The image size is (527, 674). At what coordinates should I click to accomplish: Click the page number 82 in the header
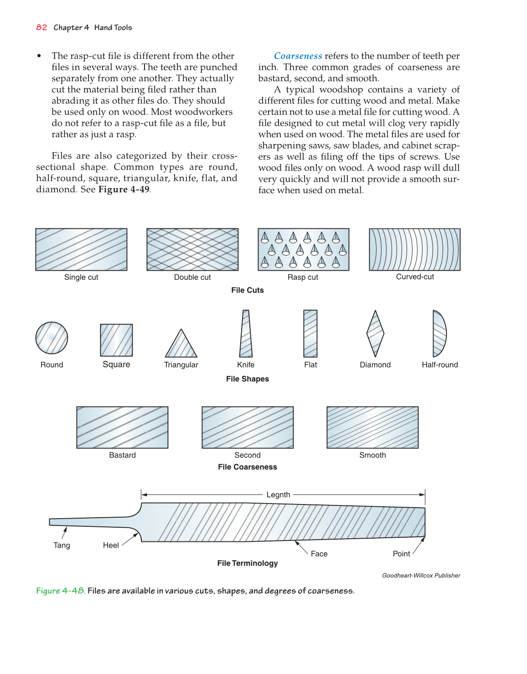41,27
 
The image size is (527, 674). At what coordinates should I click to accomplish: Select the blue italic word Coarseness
298,56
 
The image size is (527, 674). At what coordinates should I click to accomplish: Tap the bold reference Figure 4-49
124,190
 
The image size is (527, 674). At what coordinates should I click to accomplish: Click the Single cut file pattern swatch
81,250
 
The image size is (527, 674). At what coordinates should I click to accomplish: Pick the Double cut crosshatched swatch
192,250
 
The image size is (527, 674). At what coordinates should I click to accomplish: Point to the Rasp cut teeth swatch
303,250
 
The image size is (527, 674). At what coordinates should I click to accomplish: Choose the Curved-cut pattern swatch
414,250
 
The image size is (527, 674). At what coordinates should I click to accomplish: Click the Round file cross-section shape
52,338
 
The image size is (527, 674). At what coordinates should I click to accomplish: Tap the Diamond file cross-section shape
375,334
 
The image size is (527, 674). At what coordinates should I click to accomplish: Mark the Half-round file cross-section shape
439,334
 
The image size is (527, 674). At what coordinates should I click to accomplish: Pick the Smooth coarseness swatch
372,427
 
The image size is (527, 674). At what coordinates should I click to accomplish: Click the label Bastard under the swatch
122,455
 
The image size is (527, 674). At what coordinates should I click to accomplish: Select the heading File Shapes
248,379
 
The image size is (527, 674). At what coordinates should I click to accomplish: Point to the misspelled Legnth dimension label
278,495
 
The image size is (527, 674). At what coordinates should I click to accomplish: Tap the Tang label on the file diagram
62,545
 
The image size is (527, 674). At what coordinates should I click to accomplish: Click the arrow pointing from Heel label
129,539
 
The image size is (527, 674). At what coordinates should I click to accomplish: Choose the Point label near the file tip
401,554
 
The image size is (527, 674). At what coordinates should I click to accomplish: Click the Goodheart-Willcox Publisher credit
421,576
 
